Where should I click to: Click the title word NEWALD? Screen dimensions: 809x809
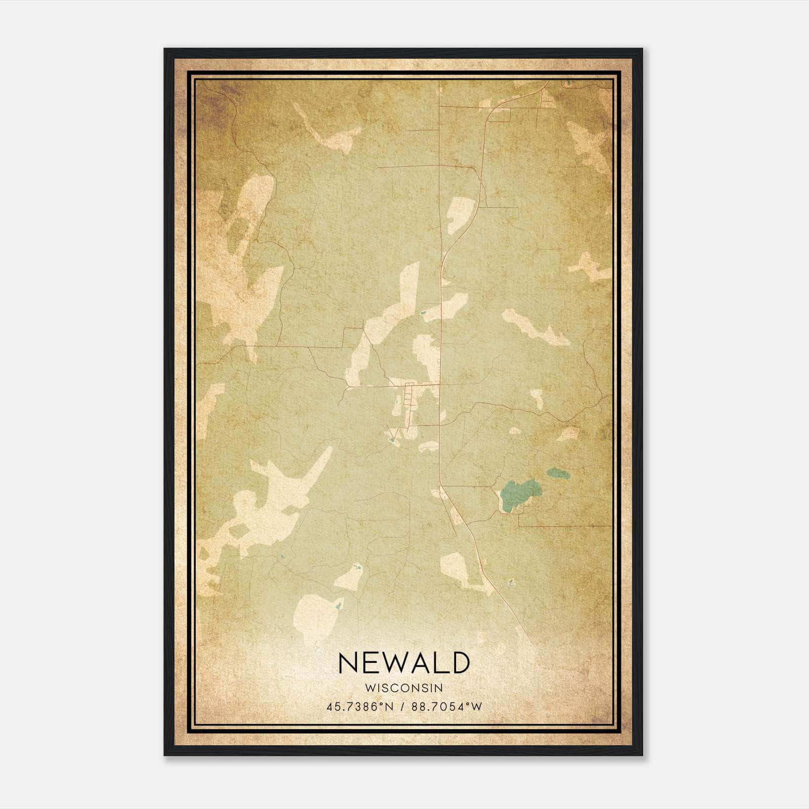[x=404, y=662]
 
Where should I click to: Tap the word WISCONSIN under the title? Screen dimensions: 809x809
[x=404, y=688]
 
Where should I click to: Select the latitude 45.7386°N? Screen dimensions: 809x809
[x=359, y=706]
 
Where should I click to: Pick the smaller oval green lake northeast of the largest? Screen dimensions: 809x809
[x=557, y=474]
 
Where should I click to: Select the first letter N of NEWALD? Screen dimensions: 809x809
[x=347, y=662]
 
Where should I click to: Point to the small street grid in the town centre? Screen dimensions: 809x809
[x=409, y=399]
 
